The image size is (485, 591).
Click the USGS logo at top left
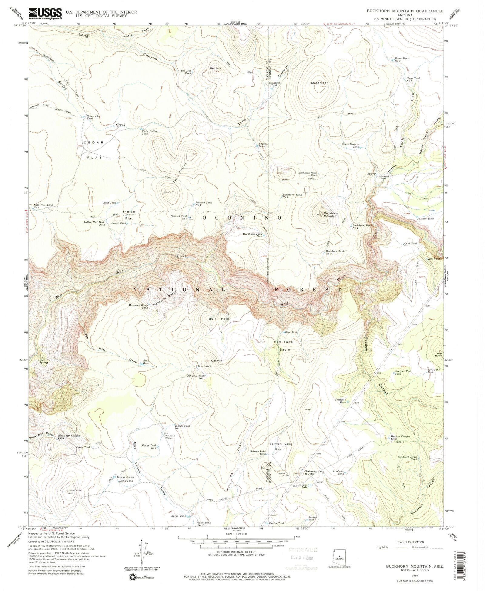point(45,14)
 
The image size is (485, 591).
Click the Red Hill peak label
point(215,69)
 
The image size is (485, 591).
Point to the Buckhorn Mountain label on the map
point(330,215)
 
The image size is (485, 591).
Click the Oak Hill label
point(217,361)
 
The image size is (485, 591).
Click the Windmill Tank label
point(274,84)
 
